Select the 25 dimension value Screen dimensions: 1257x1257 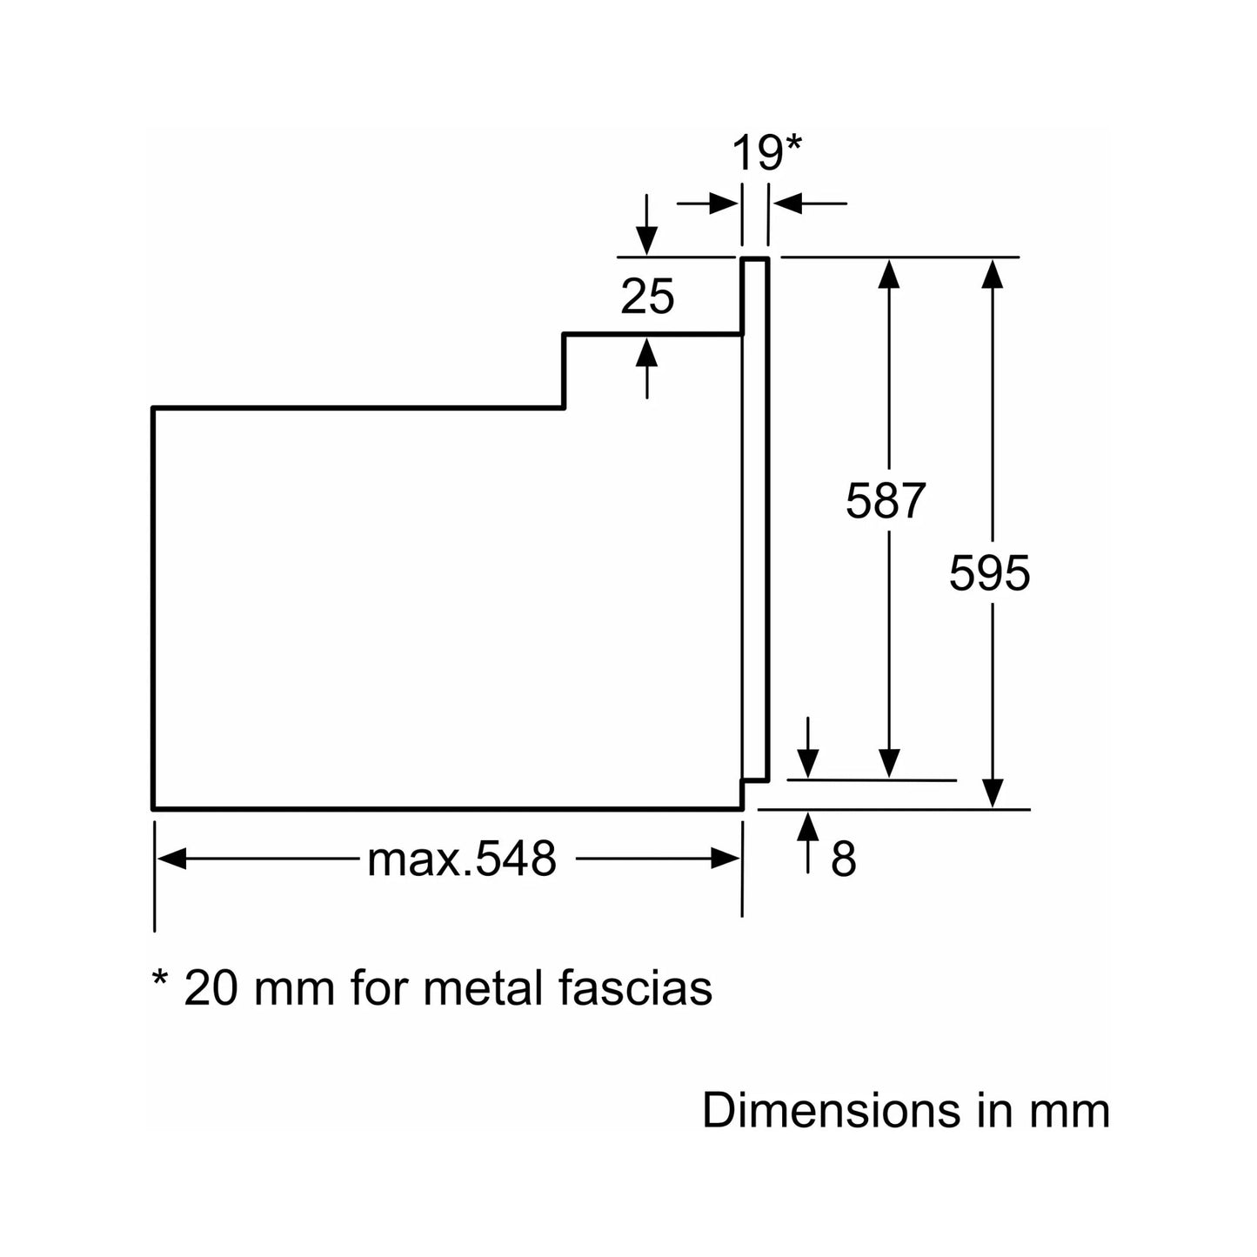(647, 298)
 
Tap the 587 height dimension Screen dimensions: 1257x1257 (886, 501)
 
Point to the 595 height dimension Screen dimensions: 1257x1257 (989, 574)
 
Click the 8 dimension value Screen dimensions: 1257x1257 (843, 859)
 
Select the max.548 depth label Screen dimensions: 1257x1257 (461, 859)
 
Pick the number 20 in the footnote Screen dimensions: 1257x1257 (210, 987)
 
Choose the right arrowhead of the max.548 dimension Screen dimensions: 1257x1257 (725, 859)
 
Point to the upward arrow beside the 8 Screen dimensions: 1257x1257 (809, 826)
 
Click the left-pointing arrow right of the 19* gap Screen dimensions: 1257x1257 (787, 204)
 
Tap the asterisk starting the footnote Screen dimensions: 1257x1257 (160, 979)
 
